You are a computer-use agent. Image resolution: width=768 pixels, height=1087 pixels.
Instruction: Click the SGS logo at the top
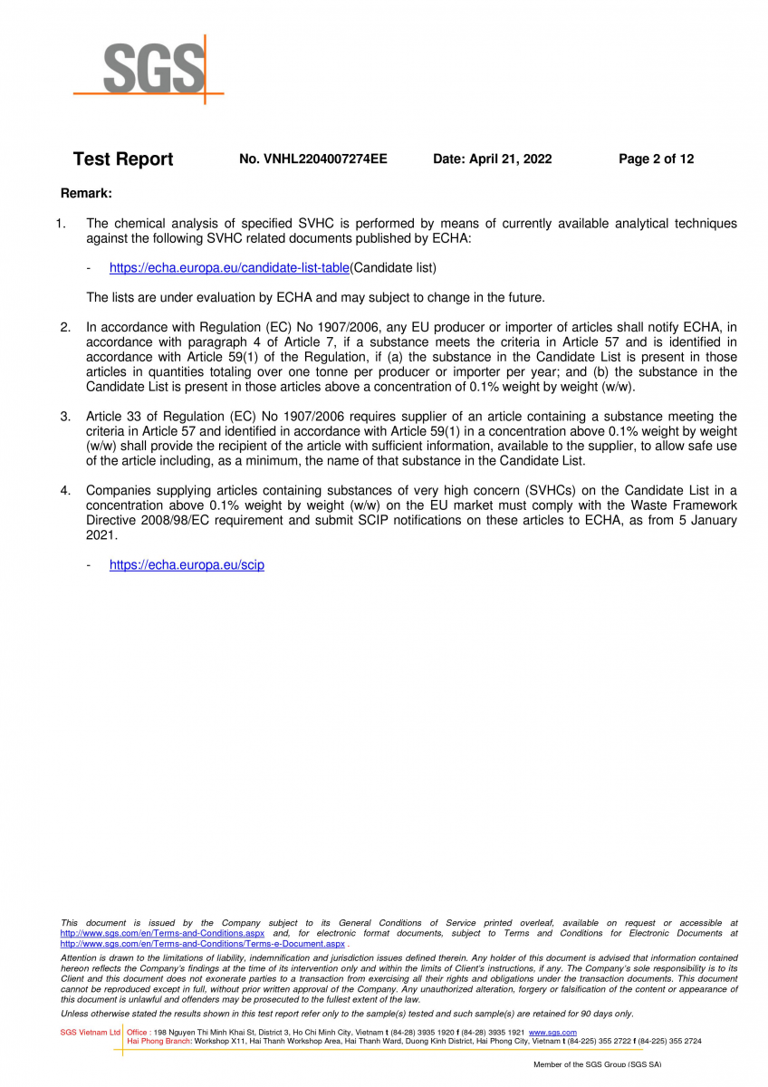coord(149,69)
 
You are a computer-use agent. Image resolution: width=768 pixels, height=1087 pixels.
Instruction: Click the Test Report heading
coord(123,159)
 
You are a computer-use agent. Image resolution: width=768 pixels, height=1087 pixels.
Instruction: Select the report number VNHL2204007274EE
coord(312,159)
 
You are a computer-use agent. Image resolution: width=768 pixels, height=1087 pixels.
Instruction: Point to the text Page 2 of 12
coord(656,159)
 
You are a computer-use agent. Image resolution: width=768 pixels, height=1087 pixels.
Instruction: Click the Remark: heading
coord(86,193)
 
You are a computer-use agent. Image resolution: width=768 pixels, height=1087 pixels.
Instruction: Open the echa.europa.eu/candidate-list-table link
coord(229,268)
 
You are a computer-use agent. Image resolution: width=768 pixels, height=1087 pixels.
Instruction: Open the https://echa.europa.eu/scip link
coord(187,565)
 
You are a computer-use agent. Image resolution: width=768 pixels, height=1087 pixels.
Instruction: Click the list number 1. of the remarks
coord(62,223)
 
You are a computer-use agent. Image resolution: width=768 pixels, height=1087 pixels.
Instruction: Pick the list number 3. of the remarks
coord(65,417)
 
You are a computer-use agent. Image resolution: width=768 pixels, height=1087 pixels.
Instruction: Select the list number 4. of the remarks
coord(65,491)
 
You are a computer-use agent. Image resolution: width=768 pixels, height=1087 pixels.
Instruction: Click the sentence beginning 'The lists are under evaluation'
coord(315,297)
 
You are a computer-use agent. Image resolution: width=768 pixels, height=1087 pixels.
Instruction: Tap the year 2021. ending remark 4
coord(101,535)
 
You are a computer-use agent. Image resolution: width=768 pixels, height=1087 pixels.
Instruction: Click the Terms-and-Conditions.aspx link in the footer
coord(162,933)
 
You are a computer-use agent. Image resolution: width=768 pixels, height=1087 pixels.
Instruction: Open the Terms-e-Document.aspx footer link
coord(202,944)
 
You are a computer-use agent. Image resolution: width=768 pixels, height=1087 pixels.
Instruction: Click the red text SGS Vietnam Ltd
coord(90,1033)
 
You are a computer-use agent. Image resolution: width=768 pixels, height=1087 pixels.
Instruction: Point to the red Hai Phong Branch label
coord(159,1042)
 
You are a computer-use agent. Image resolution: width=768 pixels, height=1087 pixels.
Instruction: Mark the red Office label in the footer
coord(139,1033)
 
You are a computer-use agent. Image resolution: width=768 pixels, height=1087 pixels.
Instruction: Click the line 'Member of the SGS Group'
coord(597,1064)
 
